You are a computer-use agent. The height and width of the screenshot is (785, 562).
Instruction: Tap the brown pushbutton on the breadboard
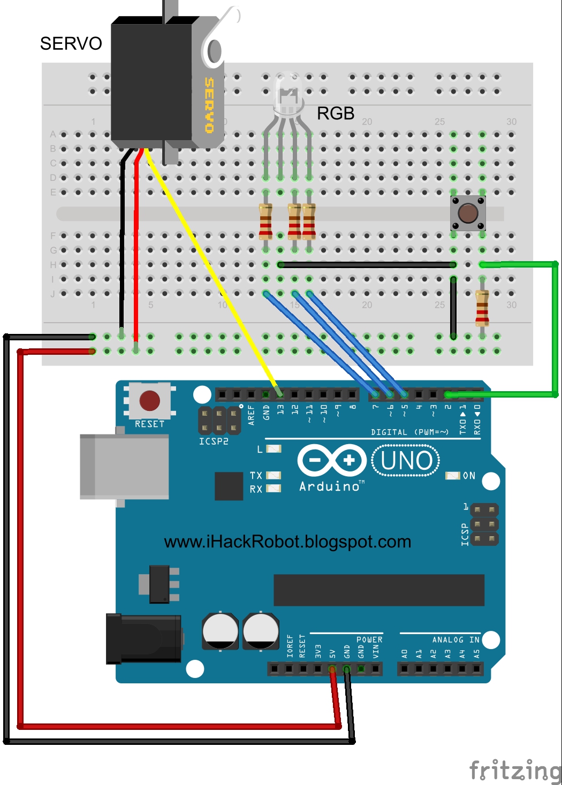(468, 213)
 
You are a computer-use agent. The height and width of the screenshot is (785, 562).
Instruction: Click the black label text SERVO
(71, 43)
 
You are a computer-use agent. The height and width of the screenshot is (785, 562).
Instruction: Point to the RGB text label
(336, 113)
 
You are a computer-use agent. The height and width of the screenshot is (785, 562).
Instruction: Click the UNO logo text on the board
(406, 461)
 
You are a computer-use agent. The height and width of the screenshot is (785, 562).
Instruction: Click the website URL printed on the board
(287, 542)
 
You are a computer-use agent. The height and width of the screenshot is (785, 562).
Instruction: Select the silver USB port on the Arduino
(124, 467)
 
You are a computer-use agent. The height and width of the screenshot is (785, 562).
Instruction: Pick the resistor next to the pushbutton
(482, 308)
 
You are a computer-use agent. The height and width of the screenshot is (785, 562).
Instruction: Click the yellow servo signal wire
(209, 268)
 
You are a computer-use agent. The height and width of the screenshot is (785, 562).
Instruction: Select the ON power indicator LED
(453, 476)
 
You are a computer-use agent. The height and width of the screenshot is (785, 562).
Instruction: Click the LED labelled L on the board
(274, 449)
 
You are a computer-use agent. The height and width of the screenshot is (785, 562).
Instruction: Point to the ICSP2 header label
(214, 441)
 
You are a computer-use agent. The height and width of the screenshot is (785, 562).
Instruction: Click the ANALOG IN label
(455, 640)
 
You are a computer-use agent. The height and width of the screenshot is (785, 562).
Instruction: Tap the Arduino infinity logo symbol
(332, 460)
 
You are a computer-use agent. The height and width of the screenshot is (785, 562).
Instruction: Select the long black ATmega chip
(378, 590)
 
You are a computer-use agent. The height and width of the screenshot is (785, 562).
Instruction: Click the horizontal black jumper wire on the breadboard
(367, 264)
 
